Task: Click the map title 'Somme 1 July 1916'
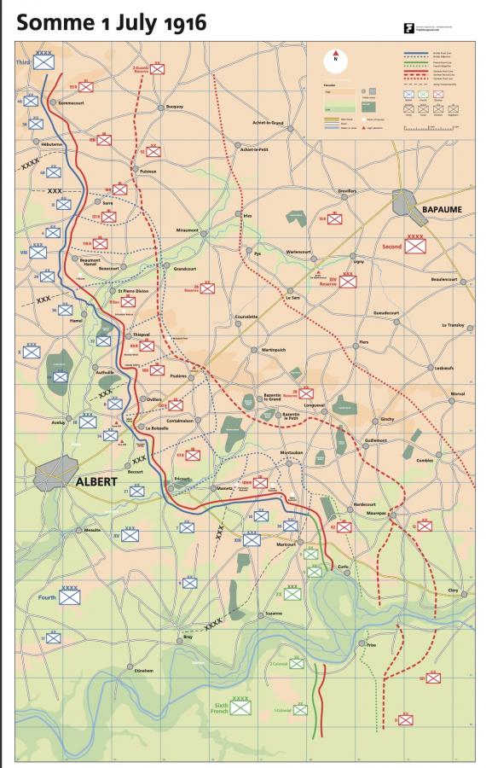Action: pos(112,23)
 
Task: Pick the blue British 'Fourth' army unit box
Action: pos(69,597)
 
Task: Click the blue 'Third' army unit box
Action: pos(44,63)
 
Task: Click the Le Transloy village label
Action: pos(457,325)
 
